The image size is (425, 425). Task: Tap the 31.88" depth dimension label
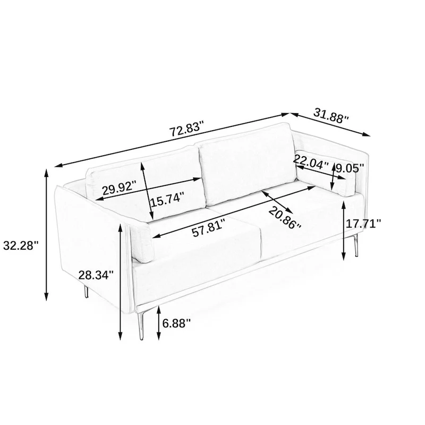(331, 116)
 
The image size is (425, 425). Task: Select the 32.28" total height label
(21, 245)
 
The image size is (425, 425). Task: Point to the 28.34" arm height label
(96, 275)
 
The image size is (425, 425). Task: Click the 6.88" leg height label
(176, 323)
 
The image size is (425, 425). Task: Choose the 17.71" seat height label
(363, 223)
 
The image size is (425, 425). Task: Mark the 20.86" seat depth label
(285, 218)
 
